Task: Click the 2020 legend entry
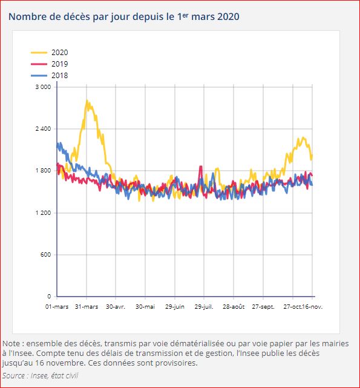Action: (x=59, y=53)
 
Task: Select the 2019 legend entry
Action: (x=59, y=64)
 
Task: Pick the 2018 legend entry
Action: (x=59, y=76)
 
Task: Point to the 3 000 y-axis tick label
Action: (x=42, y=87)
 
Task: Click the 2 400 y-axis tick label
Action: (x=42, y=129)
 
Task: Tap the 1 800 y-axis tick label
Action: (x=42, y=171)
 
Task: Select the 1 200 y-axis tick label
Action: (x=42, y=213)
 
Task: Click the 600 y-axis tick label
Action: (x=46, y=255)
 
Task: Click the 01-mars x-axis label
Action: (x=57, y=307)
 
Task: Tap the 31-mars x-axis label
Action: (x=87, y=307)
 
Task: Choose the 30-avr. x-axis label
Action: (x=116, y=307)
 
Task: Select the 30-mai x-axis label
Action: (x=145, y=307)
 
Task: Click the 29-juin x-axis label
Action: (x=175, y=307)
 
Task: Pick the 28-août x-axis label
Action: (x=234, y=307)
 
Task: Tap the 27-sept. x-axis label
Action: (x=263, y=307)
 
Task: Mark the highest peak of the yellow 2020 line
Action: (x=87, y=101)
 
